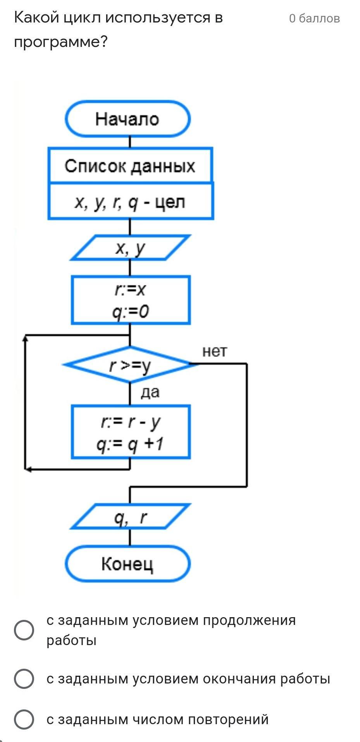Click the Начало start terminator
tap(127, 119)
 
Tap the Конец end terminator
tap(127, 564)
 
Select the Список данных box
tap(130, 166)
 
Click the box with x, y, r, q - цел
tap(130, 202)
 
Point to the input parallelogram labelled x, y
tap(130, 248)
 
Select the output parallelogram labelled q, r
tap(130, 517)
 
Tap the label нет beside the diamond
tap(215, 351)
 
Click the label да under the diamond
tap(150, 392)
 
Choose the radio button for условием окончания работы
tap(24, 678)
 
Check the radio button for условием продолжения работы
tap(24, 630)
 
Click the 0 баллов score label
tap(314, 18)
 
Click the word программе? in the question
tap(60, 42)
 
